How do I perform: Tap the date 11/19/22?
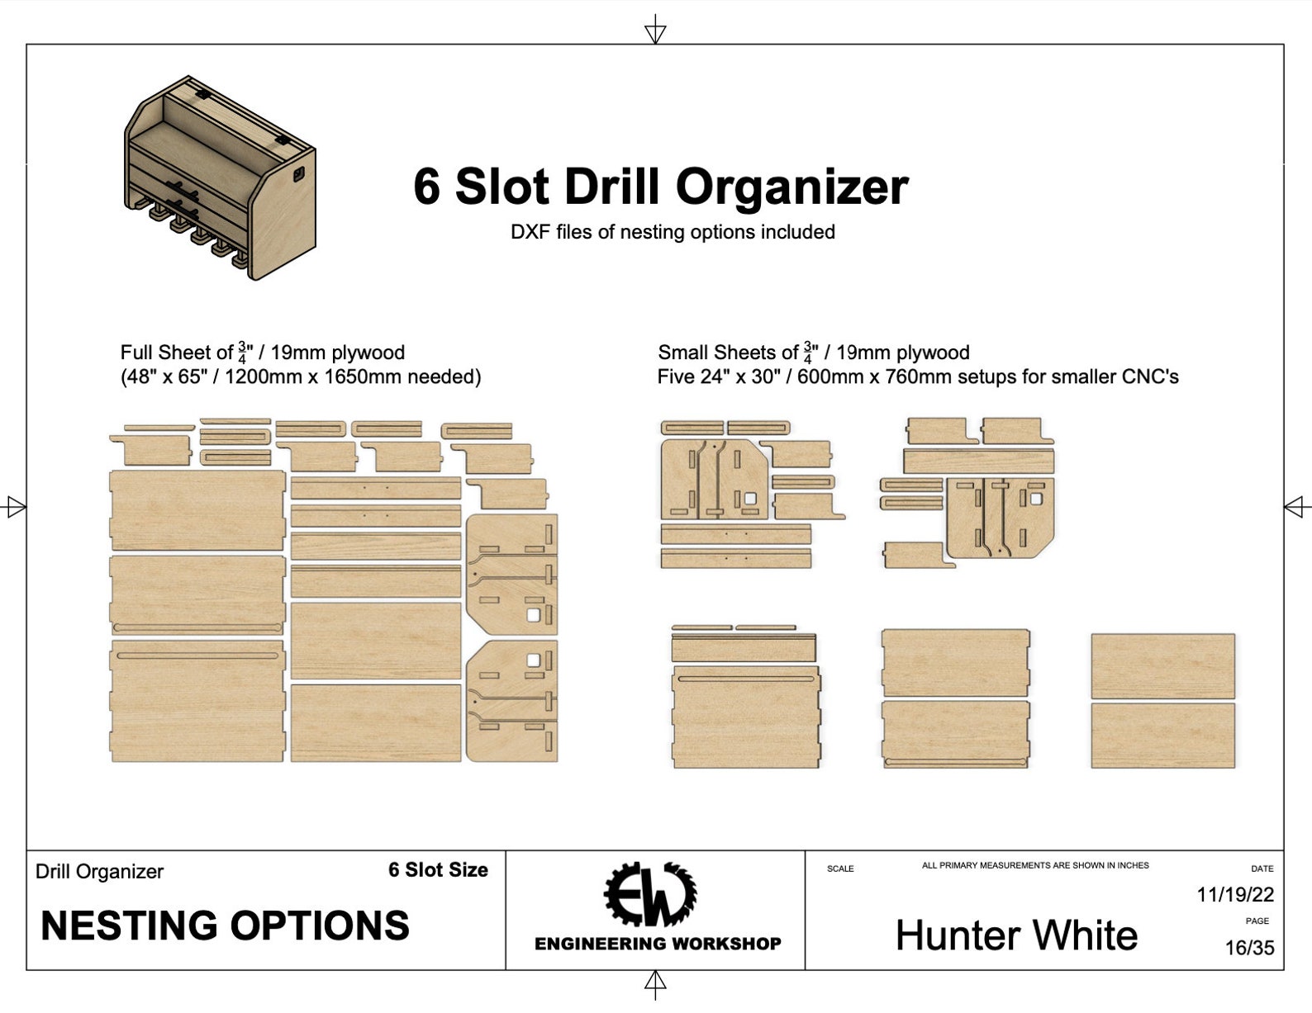1234,894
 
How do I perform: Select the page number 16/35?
1248,948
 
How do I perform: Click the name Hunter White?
1016,936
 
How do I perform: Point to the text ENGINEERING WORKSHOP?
658,944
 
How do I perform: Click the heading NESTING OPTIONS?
225,926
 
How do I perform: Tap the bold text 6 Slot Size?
438,870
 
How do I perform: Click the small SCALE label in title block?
840,869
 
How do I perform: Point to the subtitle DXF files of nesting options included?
673,232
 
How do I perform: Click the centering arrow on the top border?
655,31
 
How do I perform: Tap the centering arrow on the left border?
15,506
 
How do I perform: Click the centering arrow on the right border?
1296,506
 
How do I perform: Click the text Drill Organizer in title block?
99,872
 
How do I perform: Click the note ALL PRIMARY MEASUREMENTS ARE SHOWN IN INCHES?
1035,865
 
